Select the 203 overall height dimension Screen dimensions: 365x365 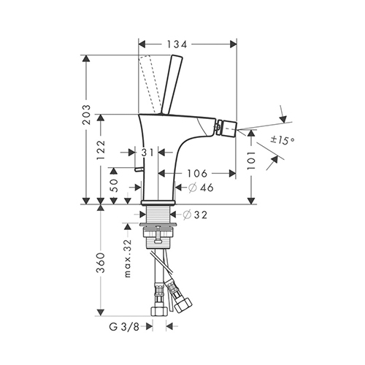(x=86, y=115)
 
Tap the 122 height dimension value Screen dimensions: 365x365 (x=101, y=150)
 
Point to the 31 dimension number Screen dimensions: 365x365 (x=147, y=153)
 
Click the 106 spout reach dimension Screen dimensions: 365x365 (x=197, y=173)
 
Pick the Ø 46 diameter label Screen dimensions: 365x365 (x=201, y=188)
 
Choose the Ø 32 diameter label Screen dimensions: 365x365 (x=195, y=215)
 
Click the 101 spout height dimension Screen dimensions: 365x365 (x=251, y=161)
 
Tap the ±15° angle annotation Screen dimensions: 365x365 (x=283, y=140)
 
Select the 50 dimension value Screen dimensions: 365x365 (x=114, y=185)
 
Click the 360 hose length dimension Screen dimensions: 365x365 (x=101, y=263)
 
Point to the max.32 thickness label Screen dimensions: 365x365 (x=128, y=258)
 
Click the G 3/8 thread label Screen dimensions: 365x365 (x=124, y=327)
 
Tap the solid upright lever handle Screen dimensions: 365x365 (x=172, y=85)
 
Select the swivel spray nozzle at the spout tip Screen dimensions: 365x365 (x=226, y=127)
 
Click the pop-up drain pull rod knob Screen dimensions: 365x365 (x=139, y=169)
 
